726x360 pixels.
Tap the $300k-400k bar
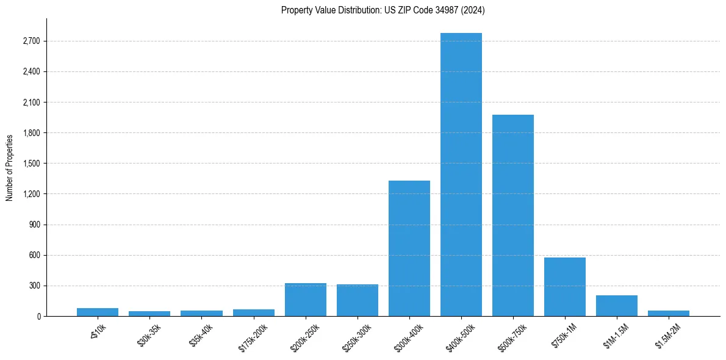pos(409,248)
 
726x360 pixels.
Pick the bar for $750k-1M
pos(565,287)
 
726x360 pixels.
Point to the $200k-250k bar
pos(306,300)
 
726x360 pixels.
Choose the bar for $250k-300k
pos(358,300)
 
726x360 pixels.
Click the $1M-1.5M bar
pos(617,306)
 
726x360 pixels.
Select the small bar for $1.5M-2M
pos(669,313)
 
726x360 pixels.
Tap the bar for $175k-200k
pos(254,312)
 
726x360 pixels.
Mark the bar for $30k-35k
pos(149,314)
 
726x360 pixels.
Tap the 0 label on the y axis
pos(38,316)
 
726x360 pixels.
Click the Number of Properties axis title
pos(9,167)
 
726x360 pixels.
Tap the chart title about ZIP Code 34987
pos(383,10)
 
